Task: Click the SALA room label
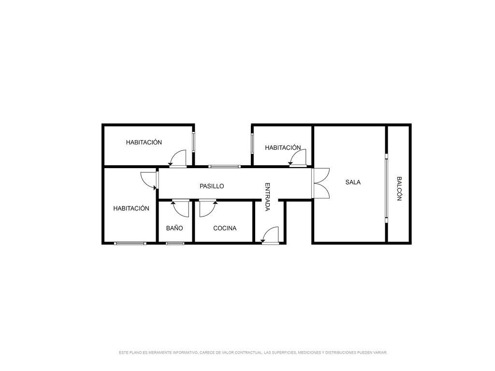[352, 182]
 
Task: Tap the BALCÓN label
[399, 189]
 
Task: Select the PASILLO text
[212, 186]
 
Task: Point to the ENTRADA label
[267, 197]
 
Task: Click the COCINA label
[225, 228]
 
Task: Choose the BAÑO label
[175, 228]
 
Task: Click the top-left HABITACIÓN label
[144, 143]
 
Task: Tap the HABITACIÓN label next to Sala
[283, 147]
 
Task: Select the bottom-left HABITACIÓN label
[131, 208]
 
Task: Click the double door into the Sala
[320, 183]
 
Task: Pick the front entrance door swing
[270, 235]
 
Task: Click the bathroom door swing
[181, 208]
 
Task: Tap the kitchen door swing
[208, 208]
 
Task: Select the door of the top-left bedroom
[177, 158]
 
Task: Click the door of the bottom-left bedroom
[149, 181]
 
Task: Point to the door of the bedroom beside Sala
[298, 157]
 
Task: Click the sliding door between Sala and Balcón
[386, 188]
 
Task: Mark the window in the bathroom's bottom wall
[175, 243]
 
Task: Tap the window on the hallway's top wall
[224, 166]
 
